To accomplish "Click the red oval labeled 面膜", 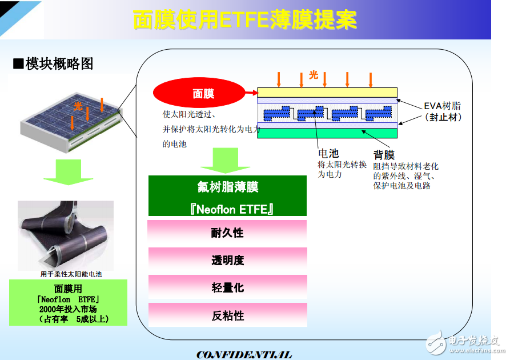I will click(203, 94).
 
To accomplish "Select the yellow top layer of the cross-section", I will click(327, 93).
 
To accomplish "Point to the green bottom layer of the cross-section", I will click(327, 133).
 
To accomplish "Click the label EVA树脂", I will click(442, 106).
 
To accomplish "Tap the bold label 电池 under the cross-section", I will click(328, 153).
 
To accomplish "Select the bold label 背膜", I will click(384, 155).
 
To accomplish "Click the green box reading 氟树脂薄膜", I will click(227, 187).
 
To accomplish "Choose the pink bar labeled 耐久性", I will click(227, 233).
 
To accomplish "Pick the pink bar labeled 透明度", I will click(227, 260).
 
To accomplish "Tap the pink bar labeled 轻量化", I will click(227, 287).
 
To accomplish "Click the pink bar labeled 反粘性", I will click(227, 315).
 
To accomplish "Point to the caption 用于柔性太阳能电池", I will click(70, 274).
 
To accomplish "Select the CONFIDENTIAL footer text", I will click(244, 354).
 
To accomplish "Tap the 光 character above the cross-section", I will click(313, 75).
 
